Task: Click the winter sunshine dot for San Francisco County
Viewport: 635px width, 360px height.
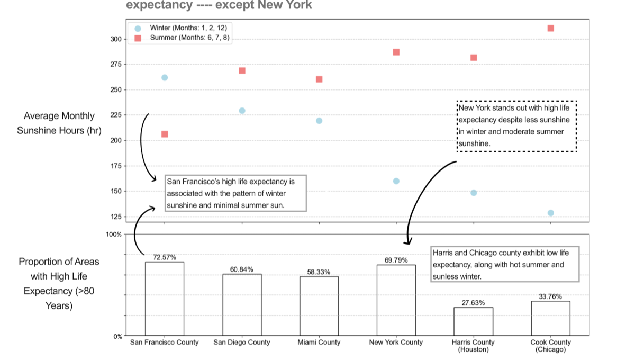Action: (x=165, y=77)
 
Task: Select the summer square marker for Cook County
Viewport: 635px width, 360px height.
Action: (x=550, y=28)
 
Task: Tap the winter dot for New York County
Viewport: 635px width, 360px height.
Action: (x=396, y=181)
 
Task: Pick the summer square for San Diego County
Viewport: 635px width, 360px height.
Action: (x=242, y=70)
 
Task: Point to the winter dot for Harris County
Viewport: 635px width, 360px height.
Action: (x=474, y=193)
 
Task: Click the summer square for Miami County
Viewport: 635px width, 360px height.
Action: (x=319, y=79)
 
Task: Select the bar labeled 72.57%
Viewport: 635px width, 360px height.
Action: (x=165, y=299)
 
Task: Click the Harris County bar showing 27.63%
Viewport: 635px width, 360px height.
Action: (x=474, y=321)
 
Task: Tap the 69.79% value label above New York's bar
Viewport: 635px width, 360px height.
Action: (x=396, y=260)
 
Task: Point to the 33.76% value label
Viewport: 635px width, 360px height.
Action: (x=550, y=296)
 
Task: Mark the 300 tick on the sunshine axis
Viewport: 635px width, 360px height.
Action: (x=116, y=39)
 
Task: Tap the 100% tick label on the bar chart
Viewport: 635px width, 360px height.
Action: (x=114, y=234)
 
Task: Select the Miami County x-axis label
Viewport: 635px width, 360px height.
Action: (x=319, y=343)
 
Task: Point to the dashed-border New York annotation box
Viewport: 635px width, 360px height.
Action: (x=516, y=126)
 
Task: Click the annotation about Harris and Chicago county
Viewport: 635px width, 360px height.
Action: (x=505, y=264)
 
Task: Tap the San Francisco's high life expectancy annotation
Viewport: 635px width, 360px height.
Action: (x=235, y=193)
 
